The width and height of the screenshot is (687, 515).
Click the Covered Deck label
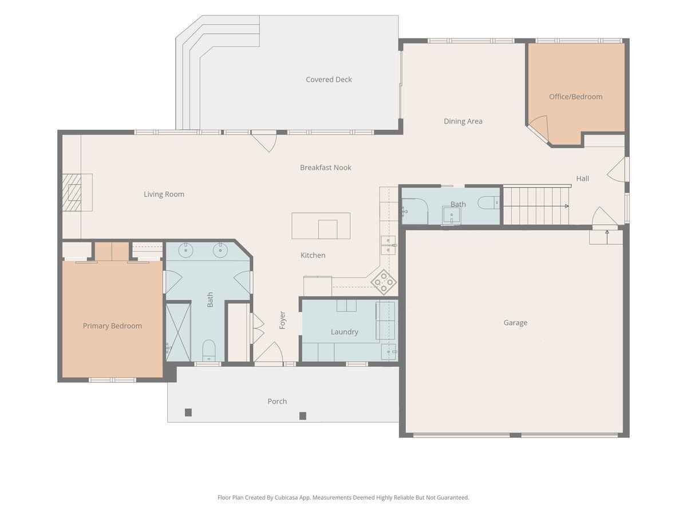click(x=329, y=80)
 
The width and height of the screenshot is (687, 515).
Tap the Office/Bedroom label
click(x=575, y=97)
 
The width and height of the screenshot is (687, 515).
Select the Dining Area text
click(x=463, y=121)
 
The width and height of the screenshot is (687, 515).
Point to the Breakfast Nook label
click(x=326, y=168)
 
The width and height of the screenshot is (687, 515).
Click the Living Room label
click(x=164, y=194)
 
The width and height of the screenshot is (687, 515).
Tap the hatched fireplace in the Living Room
click(x=72, y=192)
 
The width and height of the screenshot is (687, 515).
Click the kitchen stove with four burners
click(x=384, y=282)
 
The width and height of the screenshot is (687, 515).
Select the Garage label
click(x=515, y=323)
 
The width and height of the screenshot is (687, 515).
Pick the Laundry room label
click(x=344, y=332)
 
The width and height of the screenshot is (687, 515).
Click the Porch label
click(x=277, y=401)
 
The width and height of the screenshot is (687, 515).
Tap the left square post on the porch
click(x=188, y=413)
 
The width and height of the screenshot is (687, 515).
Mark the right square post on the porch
click(x=303, y=416)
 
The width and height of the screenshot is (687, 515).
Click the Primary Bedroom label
click(x=112, y=326)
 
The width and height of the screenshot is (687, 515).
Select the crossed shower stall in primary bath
click(x=178, y=332)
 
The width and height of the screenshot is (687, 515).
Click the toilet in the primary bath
click(x=209, y=351)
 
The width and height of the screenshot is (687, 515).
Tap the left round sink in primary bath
click(x=186, y=250)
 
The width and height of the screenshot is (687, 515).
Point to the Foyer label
click(x=282, y=320)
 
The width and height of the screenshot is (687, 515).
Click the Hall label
click(x=582, y=179)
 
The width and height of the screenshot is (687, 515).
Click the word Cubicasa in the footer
click(x=286, y=497)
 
